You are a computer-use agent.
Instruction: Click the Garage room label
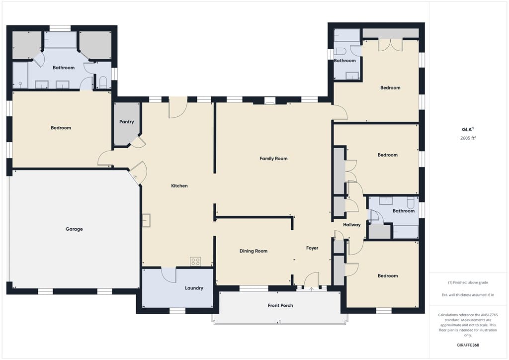(74, 229)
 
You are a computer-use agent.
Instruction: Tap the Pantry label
(127, 122)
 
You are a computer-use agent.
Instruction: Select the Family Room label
(273, 159)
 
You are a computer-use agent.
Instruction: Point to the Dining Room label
(254, 251)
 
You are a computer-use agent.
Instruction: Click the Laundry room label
(194, 288)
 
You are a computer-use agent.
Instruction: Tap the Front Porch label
(280, 305)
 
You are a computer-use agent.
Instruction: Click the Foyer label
(312, 248)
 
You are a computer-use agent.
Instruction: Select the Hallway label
(352, 225)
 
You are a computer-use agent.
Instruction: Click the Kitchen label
(179, 185)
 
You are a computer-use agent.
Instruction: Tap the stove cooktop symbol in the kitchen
(195, 262)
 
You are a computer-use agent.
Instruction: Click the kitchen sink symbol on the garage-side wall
(147, 220)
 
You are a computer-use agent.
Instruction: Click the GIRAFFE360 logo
(468, 345)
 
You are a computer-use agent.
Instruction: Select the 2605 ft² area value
(468, 138)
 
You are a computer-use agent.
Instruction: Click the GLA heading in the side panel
(468, 129)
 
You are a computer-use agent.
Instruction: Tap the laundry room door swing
(169, 274)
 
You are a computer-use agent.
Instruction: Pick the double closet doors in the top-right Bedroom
(391, 45)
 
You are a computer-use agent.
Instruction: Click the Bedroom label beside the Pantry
(61, 128)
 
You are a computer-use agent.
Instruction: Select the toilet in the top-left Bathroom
(103, 83)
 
